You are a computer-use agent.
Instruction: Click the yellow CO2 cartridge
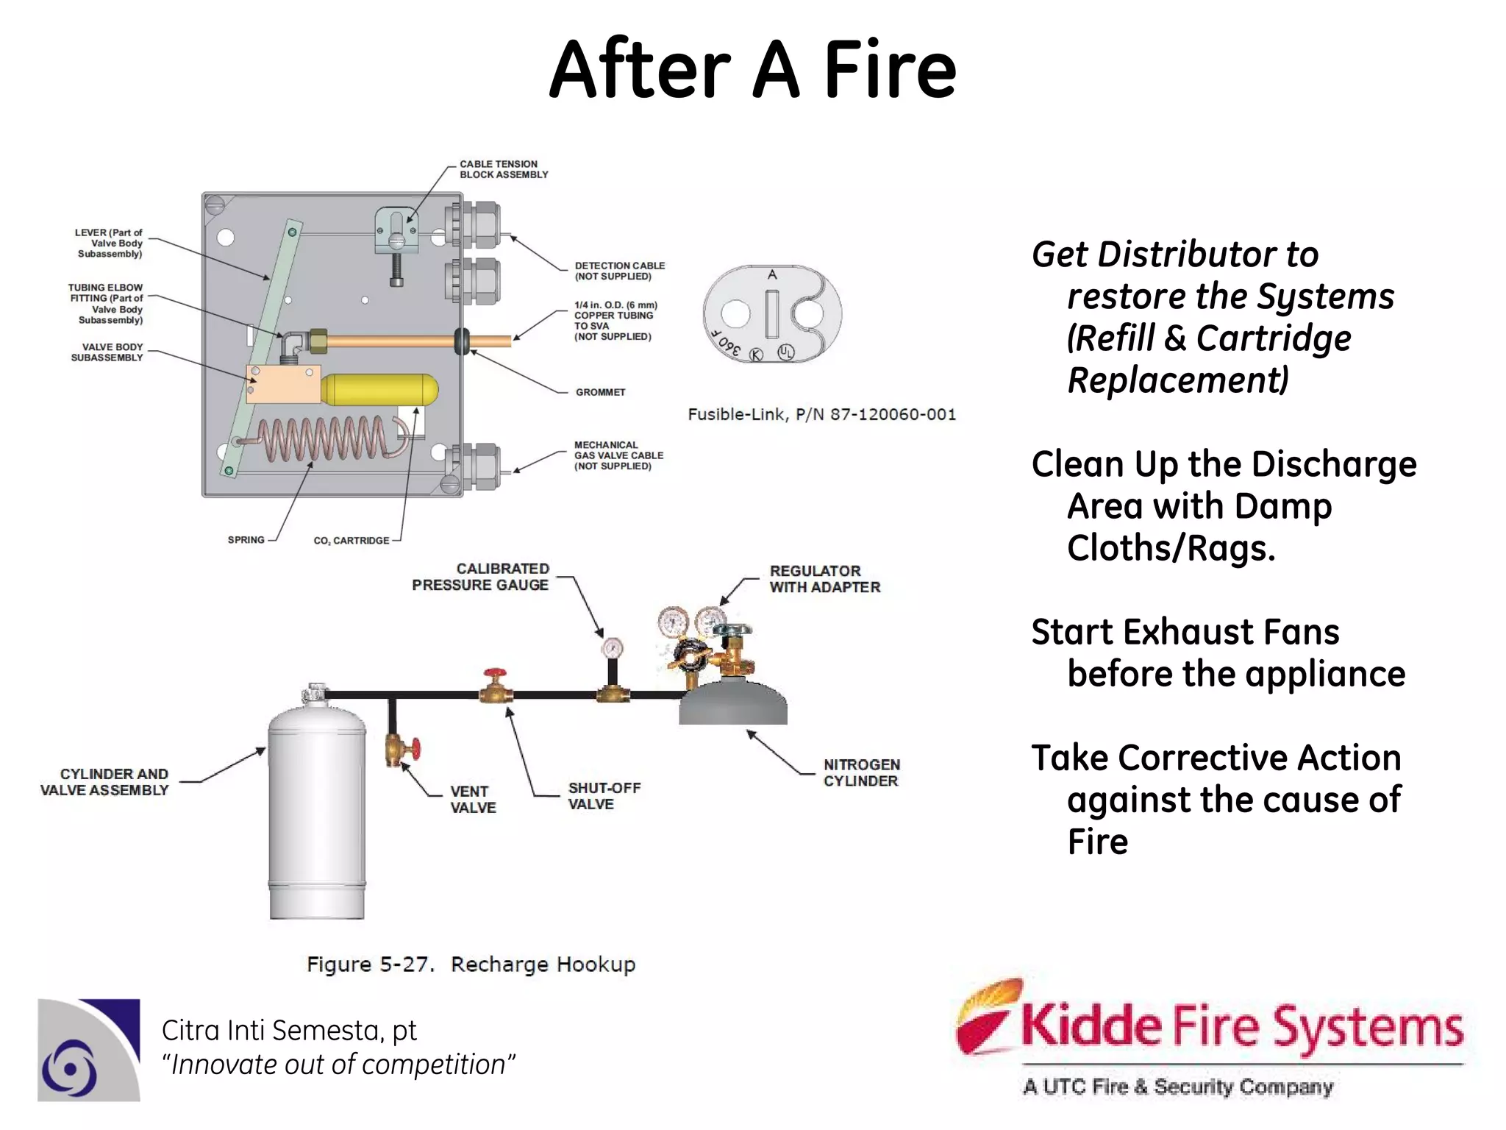(x=380, y=390)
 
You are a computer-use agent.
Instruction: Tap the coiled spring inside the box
(x=324, y=439)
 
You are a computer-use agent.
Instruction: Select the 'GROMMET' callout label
(x=600, y=392)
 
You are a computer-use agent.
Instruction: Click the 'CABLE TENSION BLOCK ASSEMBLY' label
(x=504, y=169)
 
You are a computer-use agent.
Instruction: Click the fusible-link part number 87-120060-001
(x=893, y=415)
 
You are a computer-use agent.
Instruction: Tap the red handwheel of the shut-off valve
(x=495, y=675)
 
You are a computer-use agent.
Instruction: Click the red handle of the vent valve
(x=415, y=749)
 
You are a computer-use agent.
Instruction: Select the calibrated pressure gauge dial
(x=612, y=648)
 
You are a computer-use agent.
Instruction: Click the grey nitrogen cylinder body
(x=732, y=704)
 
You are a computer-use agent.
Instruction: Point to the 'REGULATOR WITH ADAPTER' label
(x=824, y=579)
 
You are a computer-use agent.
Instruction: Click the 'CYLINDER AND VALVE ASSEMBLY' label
(x=104, y=782)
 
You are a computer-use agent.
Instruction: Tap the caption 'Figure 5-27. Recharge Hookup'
(x=471, y=964)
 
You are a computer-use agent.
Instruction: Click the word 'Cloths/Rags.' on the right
(x=1171, y=548)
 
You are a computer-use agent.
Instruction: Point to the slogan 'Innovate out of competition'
(x=338, y=1065)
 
